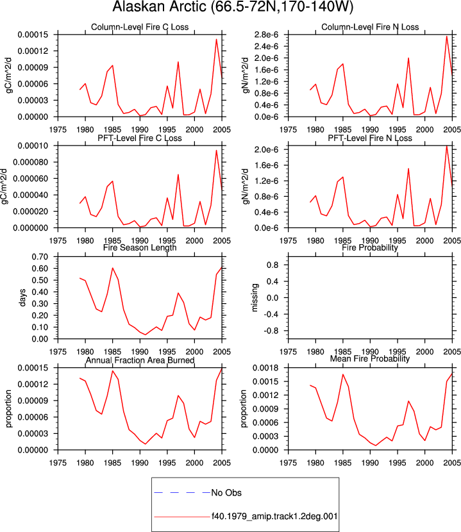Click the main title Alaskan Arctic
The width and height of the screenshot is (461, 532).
[x=159, y=7]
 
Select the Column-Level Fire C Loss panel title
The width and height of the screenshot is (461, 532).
[x=140, y=27]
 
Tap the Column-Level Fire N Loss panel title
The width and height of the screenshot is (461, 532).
[x=370, y=27]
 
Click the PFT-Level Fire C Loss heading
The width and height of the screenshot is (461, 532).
[x=140, y=138]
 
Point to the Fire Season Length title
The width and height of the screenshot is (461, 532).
[x=140, y=247]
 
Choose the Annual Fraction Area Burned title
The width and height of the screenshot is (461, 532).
[x=140, y=360]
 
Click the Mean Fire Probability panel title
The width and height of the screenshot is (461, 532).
[x=370, y=359]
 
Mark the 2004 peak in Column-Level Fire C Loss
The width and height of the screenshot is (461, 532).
[x=216, y=39]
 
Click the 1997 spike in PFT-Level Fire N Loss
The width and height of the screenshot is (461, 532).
[x=408, y=169]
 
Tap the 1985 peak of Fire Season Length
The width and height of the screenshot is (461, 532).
[x=112, y=268]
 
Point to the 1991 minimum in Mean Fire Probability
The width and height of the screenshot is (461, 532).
[x=376, y=445]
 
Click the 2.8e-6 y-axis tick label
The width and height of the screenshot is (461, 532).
[x=266, y=35]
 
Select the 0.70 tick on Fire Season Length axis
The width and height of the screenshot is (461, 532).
[x=40, y=256]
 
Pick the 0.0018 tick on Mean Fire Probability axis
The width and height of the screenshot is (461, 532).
[x=266, y=368]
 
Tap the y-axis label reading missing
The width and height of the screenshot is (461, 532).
[x=255, y=297]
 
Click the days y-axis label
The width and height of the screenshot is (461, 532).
[x=22, y=297]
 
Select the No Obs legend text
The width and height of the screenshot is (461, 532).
[x=226, y=493]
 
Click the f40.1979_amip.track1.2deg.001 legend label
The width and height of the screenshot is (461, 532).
[x=274, y=517]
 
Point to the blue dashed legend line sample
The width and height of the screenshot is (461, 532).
[x=182, y=492]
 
